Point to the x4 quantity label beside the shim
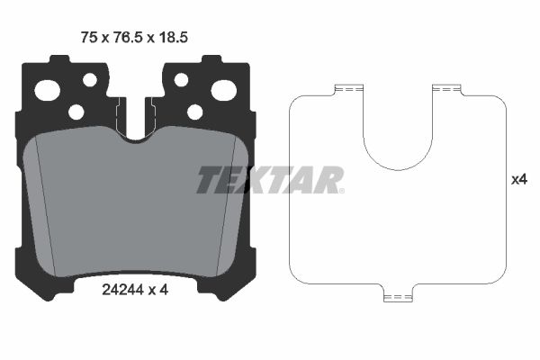click(x=518, y=180)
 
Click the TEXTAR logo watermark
click(x=268, y=180)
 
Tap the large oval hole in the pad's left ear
click(x=48, y=90)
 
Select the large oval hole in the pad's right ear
click(x=223, y=90)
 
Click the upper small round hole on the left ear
click(x=90, y=80)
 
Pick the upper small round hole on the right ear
click(x=181, y=80)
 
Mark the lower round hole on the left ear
click(x=76, y=112)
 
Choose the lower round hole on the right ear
click(x=194, y=112)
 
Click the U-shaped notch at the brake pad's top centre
click(x=136, y=126)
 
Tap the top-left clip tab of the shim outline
click(x=347, y=89)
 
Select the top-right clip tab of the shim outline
click(x=446, y=89)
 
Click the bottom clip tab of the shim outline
click(x=397, y=296)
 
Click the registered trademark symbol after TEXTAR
click(x=340, y=190)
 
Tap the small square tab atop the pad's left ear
click(x=59, y=60)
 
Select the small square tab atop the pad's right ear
click(x=211, y=60)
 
